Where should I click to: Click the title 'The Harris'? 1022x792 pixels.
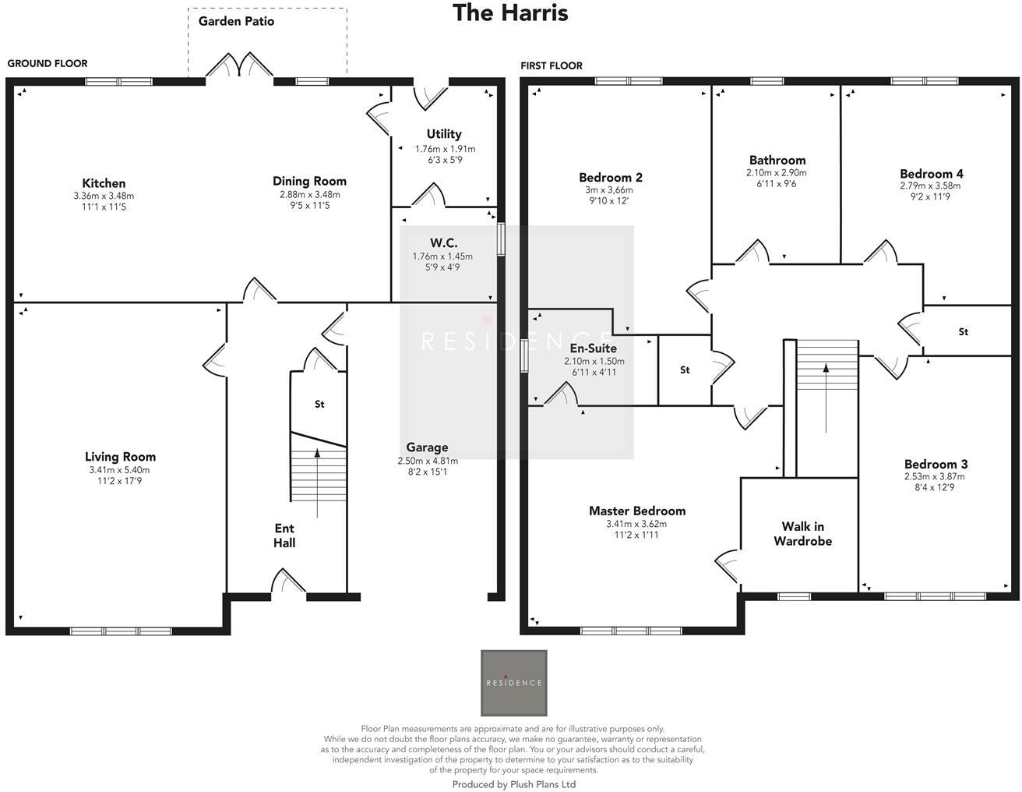510,13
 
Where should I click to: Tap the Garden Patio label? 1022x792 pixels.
236,21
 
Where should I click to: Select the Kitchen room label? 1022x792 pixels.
104,183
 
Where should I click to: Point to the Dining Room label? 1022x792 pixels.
309,181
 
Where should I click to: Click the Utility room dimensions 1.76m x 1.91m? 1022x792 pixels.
445,149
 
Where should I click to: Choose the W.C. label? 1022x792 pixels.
443,243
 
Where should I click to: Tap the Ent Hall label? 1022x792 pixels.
284,536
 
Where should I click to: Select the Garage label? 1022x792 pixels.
427,447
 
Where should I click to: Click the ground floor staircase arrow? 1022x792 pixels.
317,483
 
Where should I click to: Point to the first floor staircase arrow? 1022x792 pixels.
826,398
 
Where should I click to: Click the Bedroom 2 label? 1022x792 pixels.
611,177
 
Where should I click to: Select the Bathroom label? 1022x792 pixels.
777,160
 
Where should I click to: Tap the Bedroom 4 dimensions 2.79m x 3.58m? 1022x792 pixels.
930,186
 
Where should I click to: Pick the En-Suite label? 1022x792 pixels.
594,348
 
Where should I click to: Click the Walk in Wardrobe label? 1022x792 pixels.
802,534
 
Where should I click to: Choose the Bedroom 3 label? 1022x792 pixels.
936,464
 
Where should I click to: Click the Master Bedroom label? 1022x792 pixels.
637,511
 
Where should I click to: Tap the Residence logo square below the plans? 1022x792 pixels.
513,683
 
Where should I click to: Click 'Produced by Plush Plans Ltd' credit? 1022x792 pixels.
513,784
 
